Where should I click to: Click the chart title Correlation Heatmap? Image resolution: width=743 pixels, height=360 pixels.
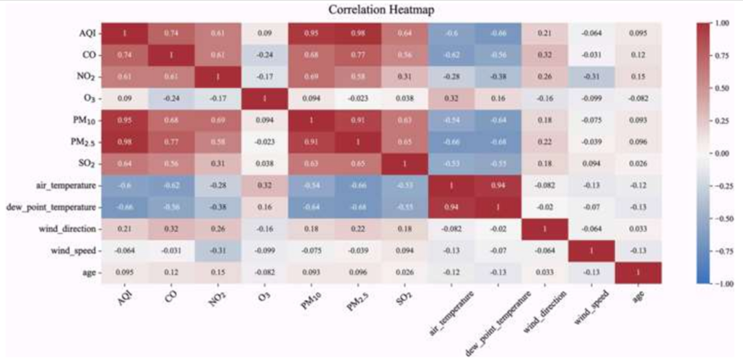pyautogui.click(x=372, y=10)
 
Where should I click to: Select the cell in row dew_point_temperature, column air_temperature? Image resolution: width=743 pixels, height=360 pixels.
pyautogui.click(x=451, y=207)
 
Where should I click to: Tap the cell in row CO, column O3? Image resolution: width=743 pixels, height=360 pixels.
pyautogui.click(x=265, y=54)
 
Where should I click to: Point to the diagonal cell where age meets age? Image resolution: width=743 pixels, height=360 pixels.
pyautogui.click(x=638, y=273)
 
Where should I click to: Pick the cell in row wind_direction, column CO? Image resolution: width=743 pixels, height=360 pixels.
pyautogui.click(x=171, y=229)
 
